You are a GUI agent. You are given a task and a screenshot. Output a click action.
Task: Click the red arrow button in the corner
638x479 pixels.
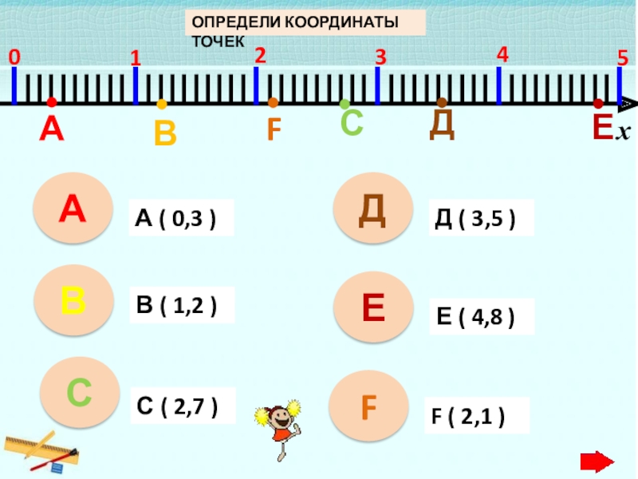[596, 461]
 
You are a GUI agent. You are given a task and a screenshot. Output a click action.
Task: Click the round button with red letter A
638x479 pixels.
[71, 210]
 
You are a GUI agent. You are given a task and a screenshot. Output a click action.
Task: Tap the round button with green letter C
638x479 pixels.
[78, 392]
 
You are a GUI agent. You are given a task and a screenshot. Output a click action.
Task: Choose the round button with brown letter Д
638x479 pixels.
[372, 209]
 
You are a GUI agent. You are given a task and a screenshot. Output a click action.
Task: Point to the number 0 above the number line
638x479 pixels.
[14, 57]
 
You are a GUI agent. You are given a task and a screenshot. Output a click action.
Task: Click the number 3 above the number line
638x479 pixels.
[380, 58]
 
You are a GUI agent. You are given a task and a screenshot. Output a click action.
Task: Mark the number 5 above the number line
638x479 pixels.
[622, 58]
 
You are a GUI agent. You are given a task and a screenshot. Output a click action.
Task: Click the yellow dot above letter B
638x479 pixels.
[162, 104]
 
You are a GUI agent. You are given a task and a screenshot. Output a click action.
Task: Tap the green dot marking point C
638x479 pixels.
[345, 104]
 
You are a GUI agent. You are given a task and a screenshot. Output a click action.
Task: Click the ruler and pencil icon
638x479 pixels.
[39, 451]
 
